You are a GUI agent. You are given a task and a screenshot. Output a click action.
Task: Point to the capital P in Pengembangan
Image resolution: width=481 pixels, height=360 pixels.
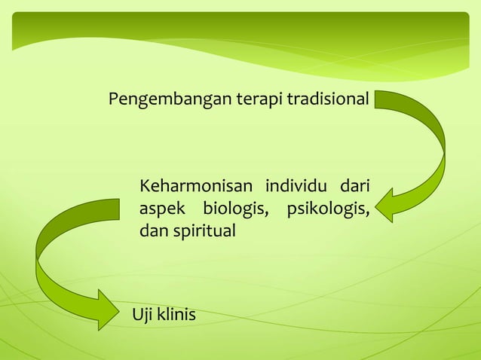click(113, 99)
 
